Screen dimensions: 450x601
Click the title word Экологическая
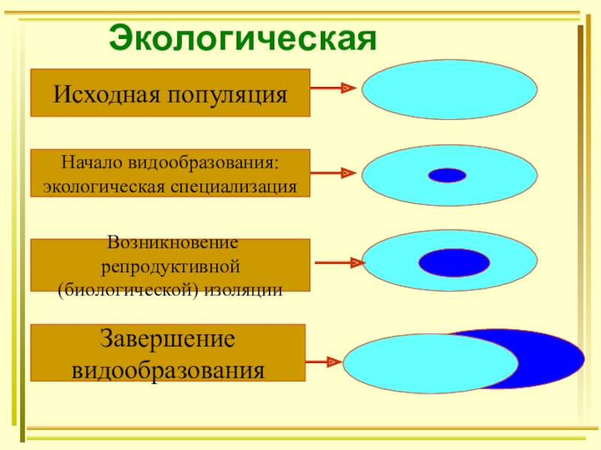[x=242, y=37]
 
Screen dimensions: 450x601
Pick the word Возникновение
[x=171, y=243]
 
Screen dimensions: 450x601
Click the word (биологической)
[x=126, y=289]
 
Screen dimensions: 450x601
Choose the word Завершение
[x=168, y=338]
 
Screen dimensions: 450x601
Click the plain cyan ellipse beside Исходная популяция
[x=449, y=89]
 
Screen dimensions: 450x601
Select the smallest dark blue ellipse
[x=447, y=175]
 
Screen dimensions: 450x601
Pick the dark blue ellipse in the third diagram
[x=454, y=262]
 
